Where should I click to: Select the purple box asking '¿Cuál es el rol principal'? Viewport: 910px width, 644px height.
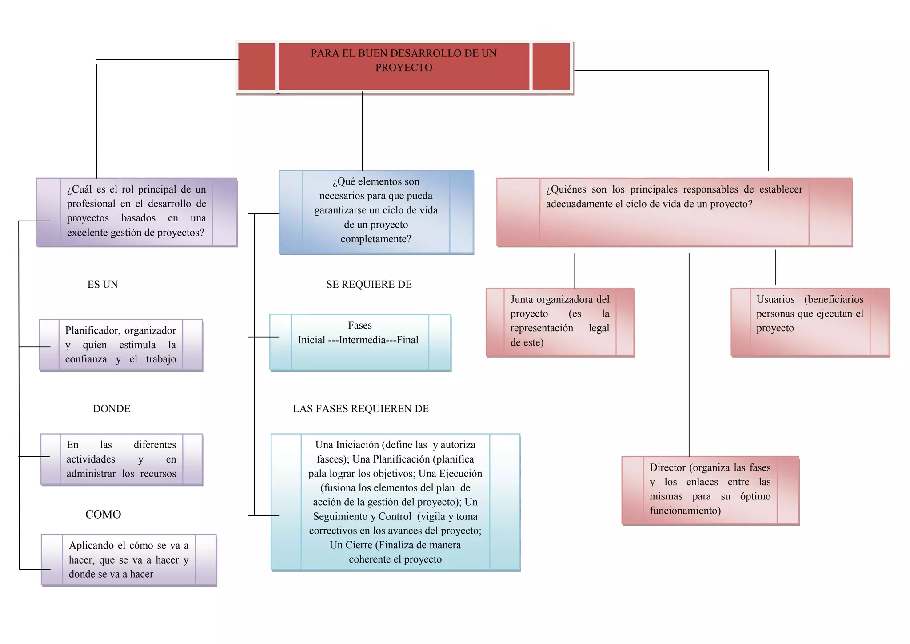(x=136, y=212)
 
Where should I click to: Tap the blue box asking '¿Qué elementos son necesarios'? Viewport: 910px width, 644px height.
(x=376, y=212)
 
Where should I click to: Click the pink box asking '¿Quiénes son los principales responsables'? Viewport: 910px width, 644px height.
(x=674, y=212)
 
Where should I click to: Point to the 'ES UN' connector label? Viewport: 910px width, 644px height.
(x=103, y=285)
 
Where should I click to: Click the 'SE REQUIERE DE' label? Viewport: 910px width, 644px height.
(x=369, y=285)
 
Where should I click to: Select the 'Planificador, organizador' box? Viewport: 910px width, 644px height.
(x=120, y=345)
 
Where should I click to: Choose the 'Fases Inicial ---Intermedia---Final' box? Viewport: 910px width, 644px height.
(x=360, y=342)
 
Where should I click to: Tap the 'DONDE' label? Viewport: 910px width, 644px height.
(x=112, y=409)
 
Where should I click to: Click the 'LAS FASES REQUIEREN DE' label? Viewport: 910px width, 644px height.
(x=360, y=409)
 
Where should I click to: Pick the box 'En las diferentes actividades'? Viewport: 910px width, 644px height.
(x=121, y=459)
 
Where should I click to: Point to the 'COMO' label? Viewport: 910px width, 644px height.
(x=103, y=515)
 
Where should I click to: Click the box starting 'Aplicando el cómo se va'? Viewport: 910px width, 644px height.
(x=128, y=560)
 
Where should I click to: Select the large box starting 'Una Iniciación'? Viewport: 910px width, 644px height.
(x=395, y=502)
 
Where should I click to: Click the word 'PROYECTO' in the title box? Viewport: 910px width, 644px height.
(x=403, y=68)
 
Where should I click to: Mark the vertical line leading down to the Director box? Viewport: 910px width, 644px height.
(x=689, y=356)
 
